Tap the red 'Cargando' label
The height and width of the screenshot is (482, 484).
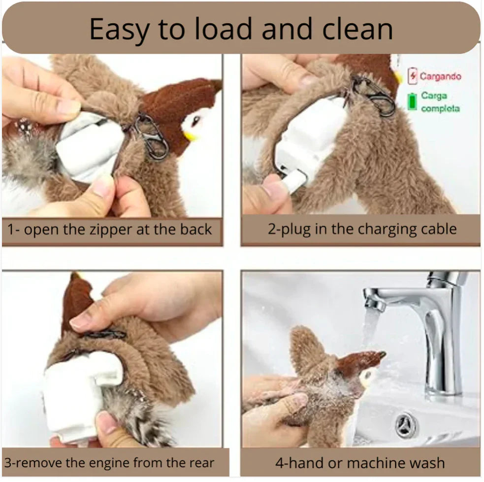[440, 76]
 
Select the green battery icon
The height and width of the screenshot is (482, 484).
[412, 102]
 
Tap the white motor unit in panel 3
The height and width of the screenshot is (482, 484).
[79, 389]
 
